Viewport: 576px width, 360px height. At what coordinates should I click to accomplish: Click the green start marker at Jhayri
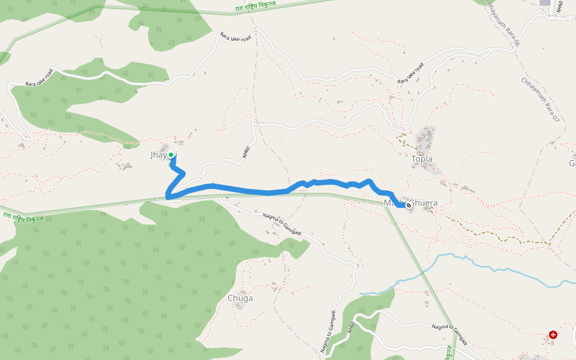point(171,155)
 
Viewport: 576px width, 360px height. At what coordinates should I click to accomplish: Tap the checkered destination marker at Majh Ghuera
point(409,205)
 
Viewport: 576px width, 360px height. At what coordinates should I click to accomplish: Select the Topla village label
point(422,159)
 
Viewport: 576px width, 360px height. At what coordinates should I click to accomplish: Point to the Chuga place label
point(240,298)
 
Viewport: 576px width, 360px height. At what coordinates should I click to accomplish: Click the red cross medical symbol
point(553,335)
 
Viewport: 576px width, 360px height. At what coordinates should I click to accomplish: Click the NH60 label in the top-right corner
point(559,7)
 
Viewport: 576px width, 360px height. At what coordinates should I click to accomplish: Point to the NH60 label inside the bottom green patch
point(351,328)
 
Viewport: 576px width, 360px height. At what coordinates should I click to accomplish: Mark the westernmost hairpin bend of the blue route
point(168,196)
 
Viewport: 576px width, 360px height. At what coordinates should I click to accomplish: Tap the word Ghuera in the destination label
point(424,203)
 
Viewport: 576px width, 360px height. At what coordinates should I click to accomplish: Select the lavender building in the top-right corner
point(545,3)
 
